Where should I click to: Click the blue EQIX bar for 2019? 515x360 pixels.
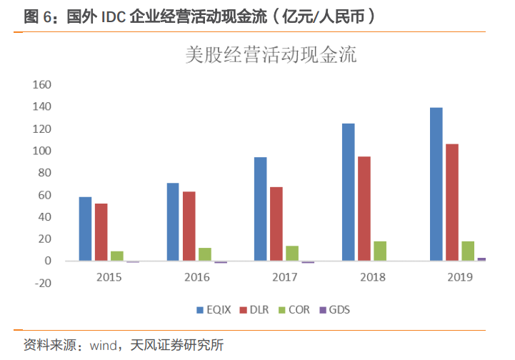point(436,184)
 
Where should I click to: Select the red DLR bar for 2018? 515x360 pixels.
point(364,209)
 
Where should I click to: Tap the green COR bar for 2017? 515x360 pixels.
point(292,254)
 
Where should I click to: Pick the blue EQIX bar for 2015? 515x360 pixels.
point(85,229)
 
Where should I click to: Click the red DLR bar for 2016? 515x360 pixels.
point(189,226)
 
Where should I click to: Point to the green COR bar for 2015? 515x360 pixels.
point(116,256)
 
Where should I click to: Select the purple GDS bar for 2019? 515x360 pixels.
point(481,259)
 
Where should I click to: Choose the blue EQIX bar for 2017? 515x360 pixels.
point(261,209)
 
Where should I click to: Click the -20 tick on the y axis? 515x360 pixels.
point(44,283)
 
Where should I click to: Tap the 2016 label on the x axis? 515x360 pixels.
point(196,276)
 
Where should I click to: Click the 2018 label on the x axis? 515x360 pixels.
point(372,276)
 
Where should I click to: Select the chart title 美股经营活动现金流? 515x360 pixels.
point(271,55)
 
